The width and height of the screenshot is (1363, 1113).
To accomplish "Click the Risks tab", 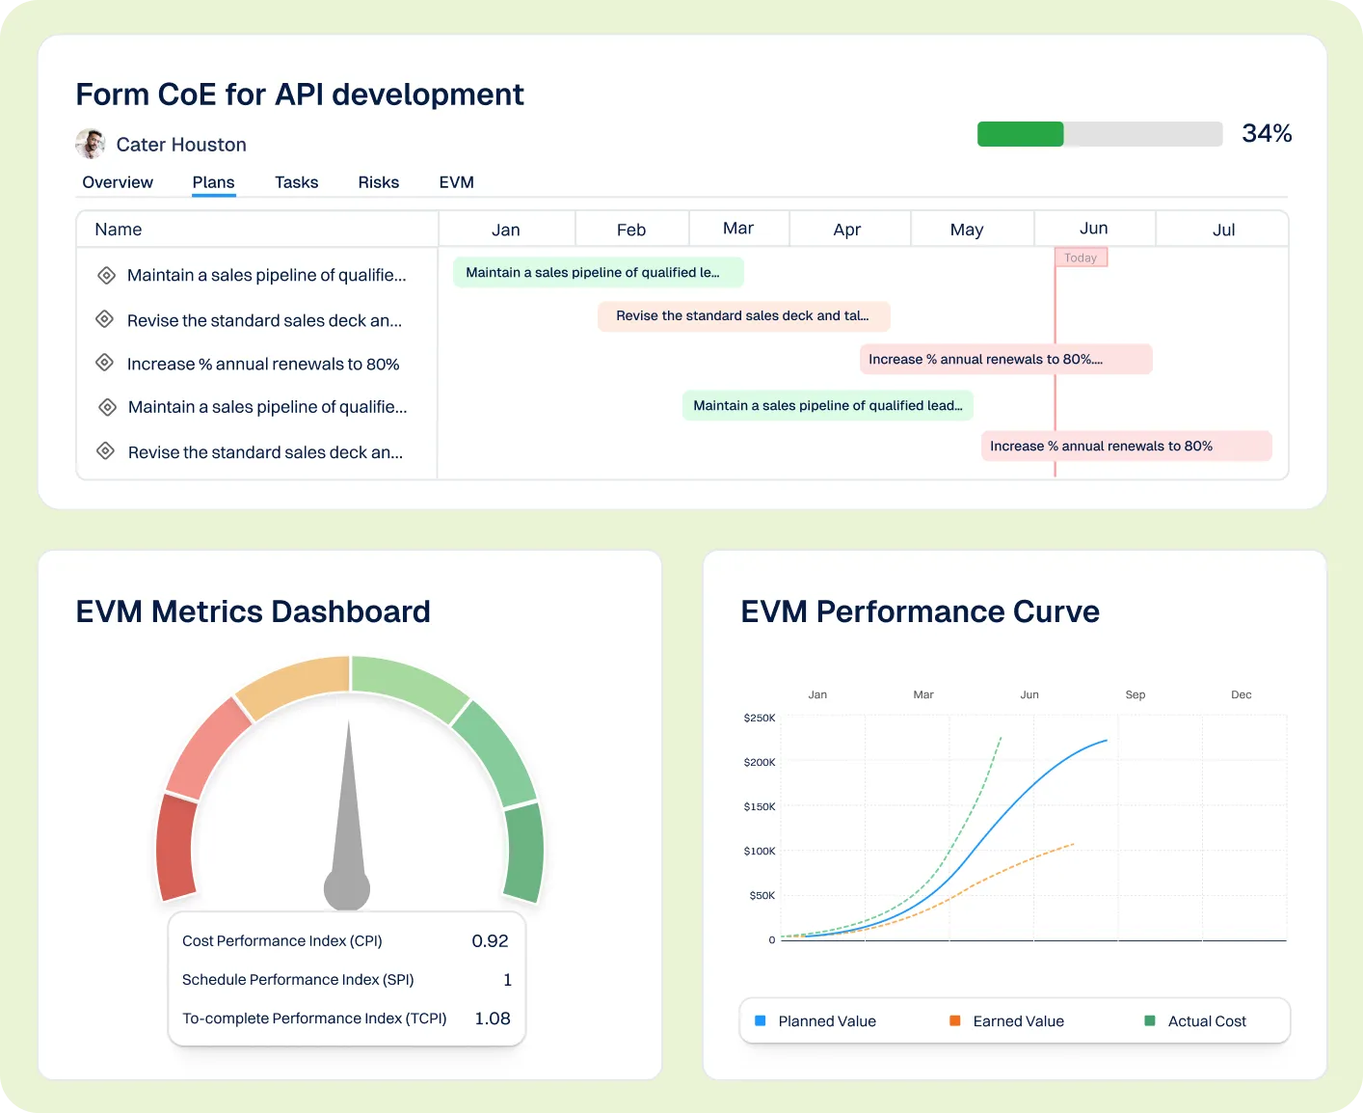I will tap(378, 182).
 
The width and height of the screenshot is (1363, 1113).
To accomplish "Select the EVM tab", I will tap(456, 182).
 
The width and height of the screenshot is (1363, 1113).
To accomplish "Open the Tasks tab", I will tap(296, 182).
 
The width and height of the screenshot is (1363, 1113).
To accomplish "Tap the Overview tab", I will tap(118, 182).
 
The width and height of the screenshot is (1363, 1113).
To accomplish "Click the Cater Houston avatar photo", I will tap(91, 144).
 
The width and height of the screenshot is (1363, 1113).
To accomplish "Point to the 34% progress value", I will tap(1266, 133).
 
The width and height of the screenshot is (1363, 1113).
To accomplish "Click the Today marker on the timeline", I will tap(1081, 258).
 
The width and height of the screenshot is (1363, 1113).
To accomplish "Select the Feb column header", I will tap(630, 230).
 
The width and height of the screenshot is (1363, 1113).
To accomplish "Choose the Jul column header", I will tap(1223, 230).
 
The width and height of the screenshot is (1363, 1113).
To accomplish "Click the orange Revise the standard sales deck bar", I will tap(742, 316).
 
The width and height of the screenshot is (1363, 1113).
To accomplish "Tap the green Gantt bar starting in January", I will tap(598, 273).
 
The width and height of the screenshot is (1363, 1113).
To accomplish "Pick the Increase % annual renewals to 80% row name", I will tap(262, 365).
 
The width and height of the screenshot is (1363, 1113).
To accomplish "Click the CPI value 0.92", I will tap(490, 941).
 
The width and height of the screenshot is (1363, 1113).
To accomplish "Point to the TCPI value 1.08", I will tap(492, 1018).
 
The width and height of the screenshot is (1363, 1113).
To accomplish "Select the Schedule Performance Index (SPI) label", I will tap(298, 980).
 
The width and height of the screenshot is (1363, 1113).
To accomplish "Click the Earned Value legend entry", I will tap(1018, 1021).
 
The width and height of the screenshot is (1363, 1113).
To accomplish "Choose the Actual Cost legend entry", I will tap(1206, 1021).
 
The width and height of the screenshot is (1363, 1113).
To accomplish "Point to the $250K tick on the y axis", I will tap(760, 719).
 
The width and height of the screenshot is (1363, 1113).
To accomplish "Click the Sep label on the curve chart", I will tap(1135, 694).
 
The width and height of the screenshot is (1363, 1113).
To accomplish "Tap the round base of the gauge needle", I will tap(347, 889).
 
